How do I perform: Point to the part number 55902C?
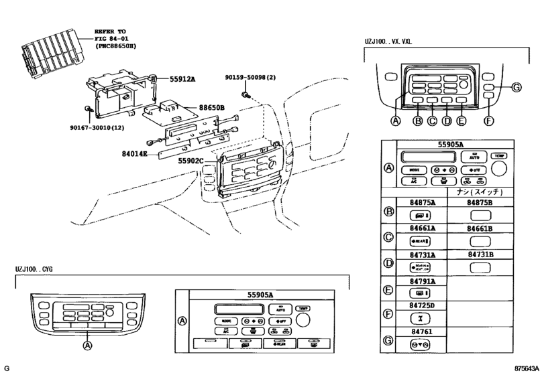[x=191, y=161]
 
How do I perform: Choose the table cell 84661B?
[x=480, y=228]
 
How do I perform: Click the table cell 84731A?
[x=423, y=254]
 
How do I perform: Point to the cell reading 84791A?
[x=423, y=282]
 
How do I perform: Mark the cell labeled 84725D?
[x=423, y=305]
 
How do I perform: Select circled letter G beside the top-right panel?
[x=516, y=88]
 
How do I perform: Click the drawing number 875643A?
[x=525, y=369]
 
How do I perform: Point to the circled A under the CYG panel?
[x=87, y=346]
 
